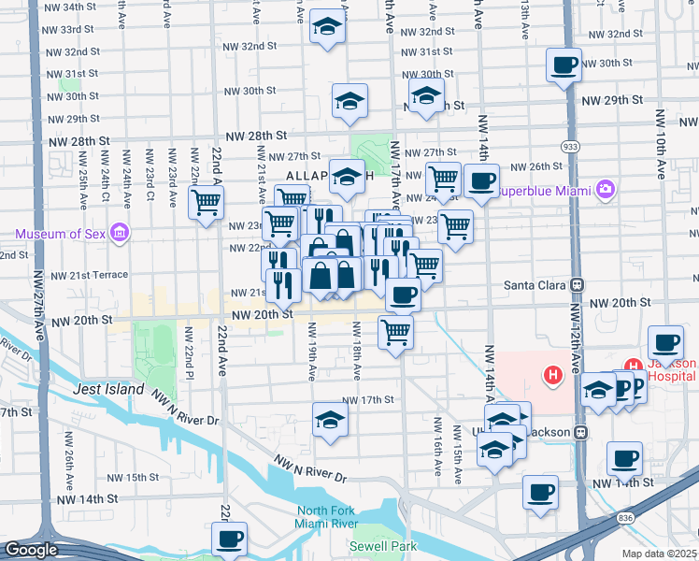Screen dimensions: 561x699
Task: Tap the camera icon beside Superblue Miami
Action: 606,191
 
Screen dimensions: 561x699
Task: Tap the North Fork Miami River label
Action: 333,518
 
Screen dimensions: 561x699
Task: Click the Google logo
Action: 31,550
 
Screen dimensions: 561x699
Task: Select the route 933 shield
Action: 569,147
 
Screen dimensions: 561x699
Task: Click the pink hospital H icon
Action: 553,376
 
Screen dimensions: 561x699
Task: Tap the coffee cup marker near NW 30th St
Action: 564,65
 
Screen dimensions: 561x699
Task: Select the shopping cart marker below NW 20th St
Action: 396,332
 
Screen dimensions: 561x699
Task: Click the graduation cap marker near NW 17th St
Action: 330,420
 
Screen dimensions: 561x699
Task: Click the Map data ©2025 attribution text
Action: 659,554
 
